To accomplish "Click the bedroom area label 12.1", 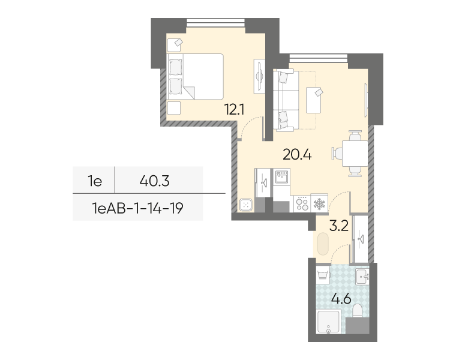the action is pyautogui.click(x=234, y=110).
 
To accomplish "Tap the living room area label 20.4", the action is pyautogui.click(x=297, y=154).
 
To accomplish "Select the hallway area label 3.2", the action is pyautogui.click(x=339, y=226).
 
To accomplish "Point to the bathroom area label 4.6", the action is pyautogui.click(x=341, y=299).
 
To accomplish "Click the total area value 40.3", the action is pyautogui.click(x=154, y=181).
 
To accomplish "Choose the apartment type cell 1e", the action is pyautogui.click(x=95, y=181).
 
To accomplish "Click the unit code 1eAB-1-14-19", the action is pyautogui.click(x=137, y=208).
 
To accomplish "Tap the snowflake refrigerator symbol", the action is pyautogui.click(x=319, y=203).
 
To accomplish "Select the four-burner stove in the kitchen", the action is pyautogui.click(x=302, y=203).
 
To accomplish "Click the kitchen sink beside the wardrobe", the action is pyautogui.click(x=281, y=177).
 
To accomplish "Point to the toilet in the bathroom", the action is pyautogui.click(x=357, y=311).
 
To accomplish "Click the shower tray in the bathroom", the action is pyautogui.click(x=328, y=322).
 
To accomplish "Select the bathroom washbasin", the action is pyautogui.click(x=362, y=276).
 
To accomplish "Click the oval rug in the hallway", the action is pyautogui.click(x=323, y=244).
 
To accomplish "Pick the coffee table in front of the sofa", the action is pyautogui.click(x=313, y=100).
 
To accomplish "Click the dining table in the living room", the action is pyautogui.click(x=355, y=153).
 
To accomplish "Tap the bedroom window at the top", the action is pyautogui.click(x=215, y=23).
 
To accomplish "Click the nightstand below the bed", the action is pyautogui.click(x=174, y=108).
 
